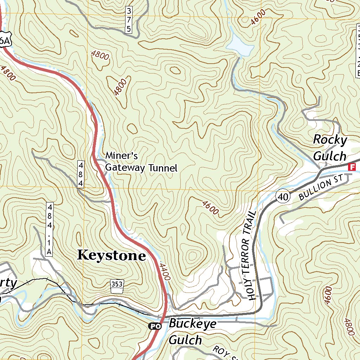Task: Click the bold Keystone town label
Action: [111, 256]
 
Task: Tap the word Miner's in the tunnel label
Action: [122, 156]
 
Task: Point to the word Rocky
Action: [330, 140]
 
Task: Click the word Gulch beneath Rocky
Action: [329, 156]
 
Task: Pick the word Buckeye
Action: [193, 324]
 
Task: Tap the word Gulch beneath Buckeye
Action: [185, 340]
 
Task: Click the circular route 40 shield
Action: [282, 197]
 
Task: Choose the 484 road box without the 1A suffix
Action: [81, 174]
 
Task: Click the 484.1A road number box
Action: [50, 229]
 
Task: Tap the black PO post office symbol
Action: [154, 326]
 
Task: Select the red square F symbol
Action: [351, 167]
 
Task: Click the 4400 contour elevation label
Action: [165, 272]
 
